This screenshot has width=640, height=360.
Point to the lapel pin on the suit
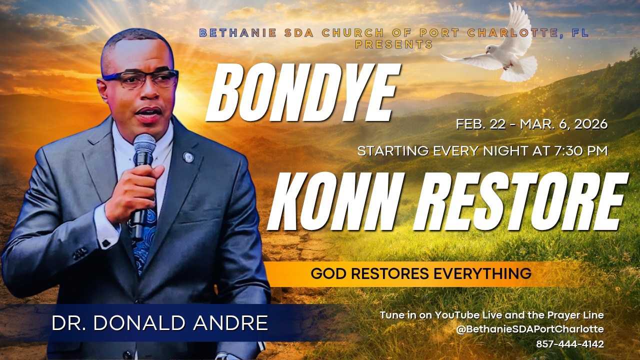(188, 157)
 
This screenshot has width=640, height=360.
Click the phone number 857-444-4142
(570, 344)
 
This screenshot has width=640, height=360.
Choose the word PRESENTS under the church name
(394, 44)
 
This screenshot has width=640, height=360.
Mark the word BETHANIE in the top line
(237, 33)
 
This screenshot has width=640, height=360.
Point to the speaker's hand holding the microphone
(132, 190)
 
